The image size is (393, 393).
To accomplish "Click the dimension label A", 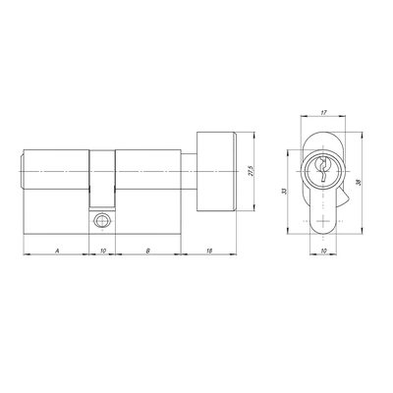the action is tap(57, 251).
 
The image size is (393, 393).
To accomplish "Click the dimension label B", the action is tap(148, 251).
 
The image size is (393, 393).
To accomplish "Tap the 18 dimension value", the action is tap(210, 251).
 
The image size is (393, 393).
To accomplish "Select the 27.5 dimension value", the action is tap(252, 171).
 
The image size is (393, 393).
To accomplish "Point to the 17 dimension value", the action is tap(323, 113).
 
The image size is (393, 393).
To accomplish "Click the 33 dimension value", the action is tap(284, 191).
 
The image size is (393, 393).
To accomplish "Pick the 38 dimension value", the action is tap(358, 182).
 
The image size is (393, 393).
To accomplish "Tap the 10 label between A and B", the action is tap(103, 251).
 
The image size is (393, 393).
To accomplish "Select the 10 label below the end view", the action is tap(324, 251).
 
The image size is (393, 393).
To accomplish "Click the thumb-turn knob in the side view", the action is tap(216, 171).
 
